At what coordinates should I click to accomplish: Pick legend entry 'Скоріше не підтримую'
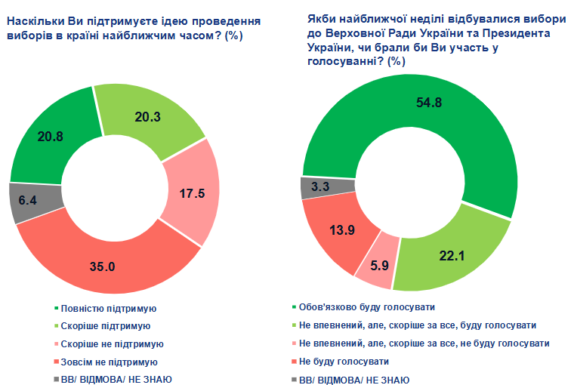[113, 343]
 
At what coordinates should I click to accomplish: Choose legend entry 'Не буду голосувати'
[344, 361]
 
